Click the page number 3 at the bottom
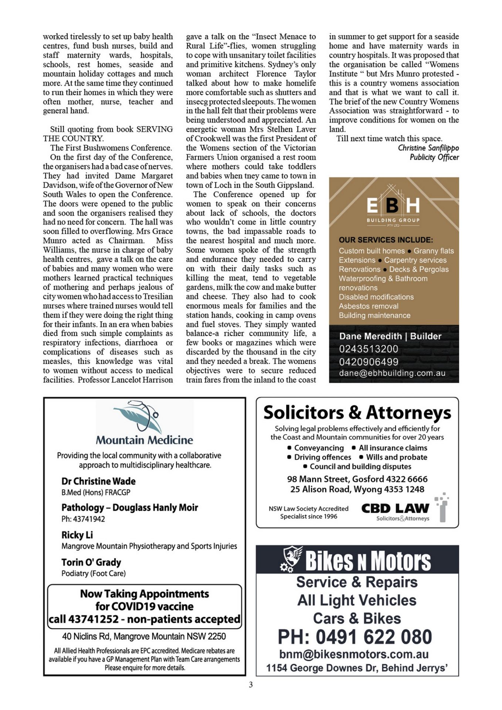point(251,684)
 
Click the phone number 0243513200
point(369,349)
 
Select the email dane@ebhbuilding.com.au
point(392,373)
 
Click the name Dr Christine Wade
point(98,481)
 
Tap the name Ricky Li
point(77,535)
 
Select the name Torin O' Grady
point(91,562)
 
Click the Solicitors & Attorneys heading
point(357,413)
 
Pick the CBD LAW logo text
point(395,508)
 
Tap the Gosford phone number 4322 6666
point(407,479)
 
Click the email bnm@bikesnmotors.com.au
point(354,654)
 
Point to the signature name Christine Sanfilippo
point(428,148)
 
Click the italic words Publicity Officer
point(434,157)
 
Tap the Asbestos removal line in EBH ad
point(369,306)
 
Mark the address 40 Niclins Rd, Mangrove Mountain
point(144,636)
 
